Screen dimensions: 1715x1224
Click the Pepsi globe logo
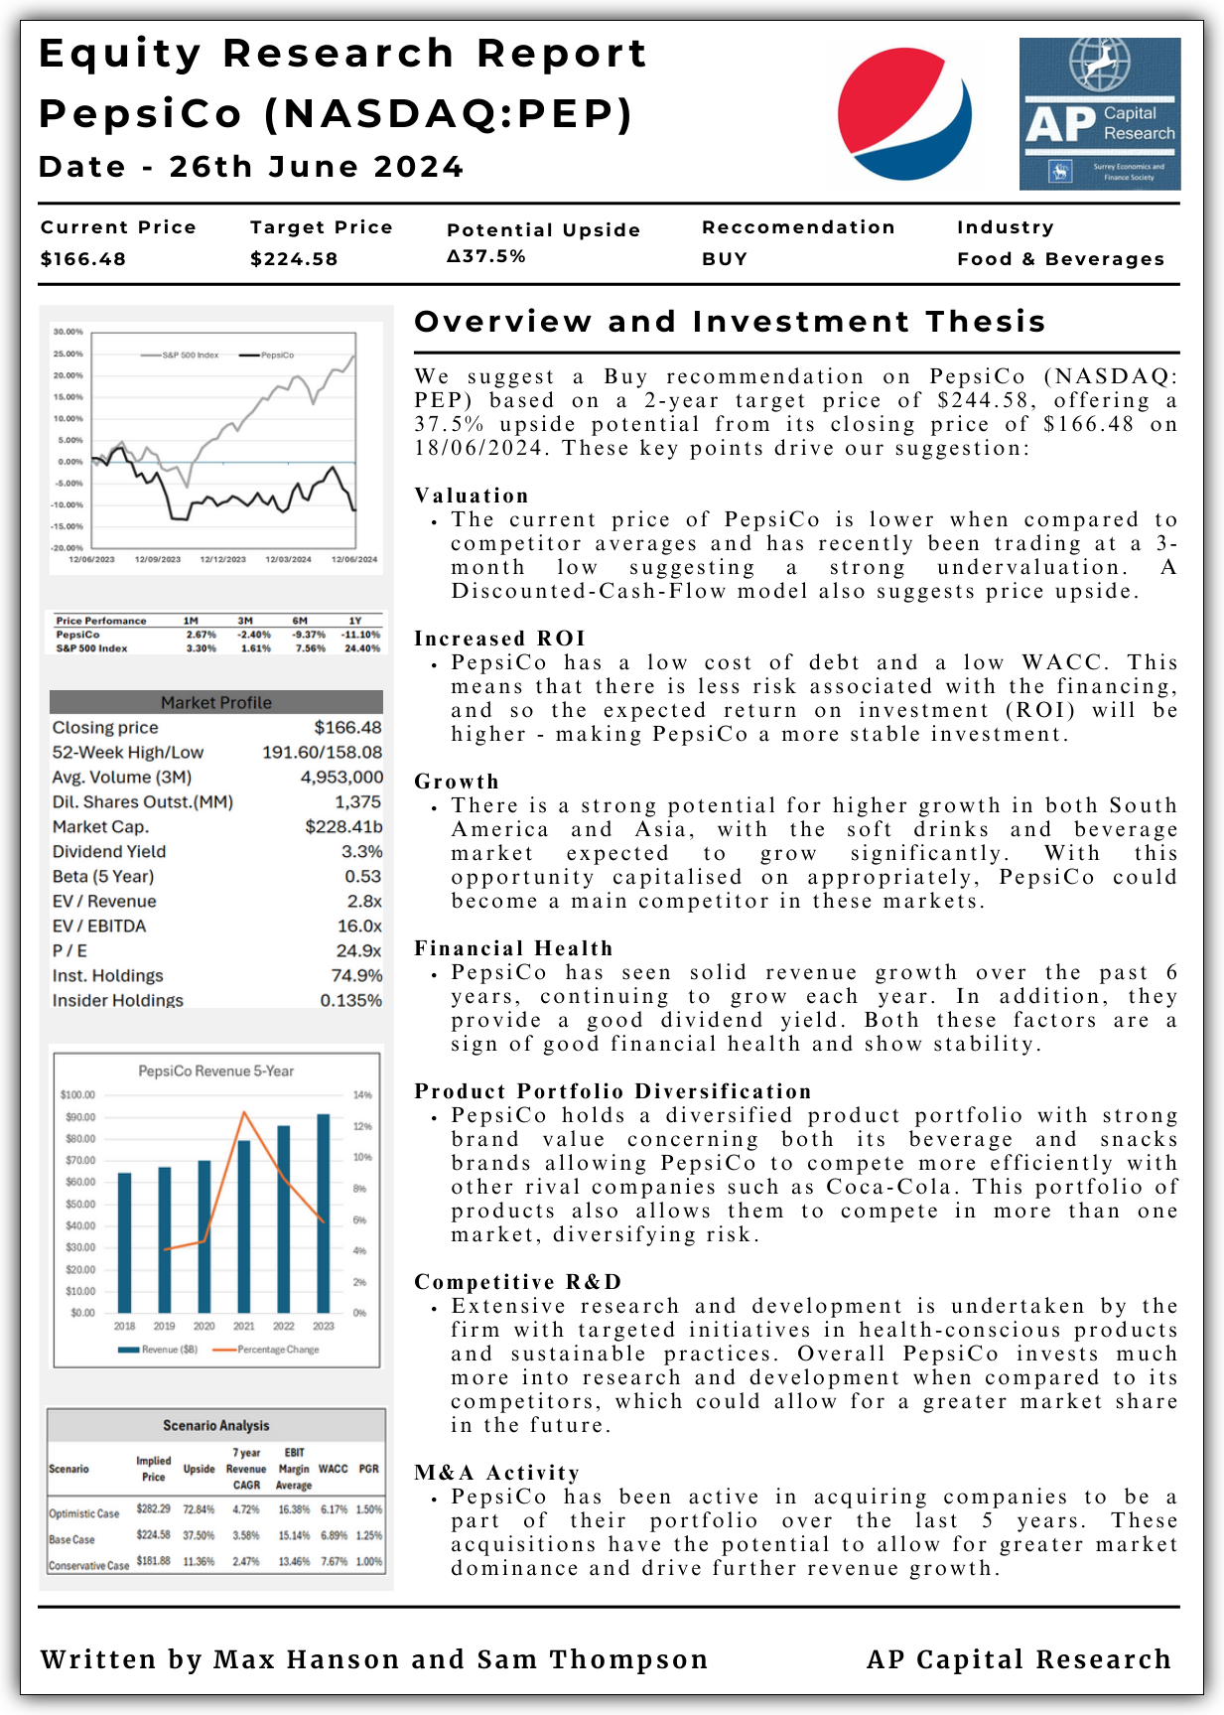point(904,113)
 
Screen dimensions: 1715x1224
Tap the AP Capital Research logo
point(1099,113)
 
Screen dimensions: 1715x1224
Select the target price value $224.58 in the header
point(294,259)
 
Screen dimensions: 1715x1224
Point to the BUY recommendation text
point(725,259)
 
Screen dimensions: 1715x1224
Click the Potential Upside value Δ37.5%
point(486,256)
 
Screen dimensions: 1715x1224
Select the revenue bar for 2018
point(124,1242)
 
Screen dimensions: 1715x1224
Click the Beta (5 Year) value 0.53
point(363,876)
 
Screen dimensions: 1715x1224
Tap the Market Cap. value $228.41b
point(343,826)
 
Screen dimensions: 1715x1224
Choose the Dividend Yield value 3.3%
point(362,851)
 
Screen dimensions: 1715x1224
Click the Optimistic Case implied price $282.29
point(154,1509)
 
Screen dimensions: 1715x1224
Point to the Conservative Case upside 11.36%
point(199,1561)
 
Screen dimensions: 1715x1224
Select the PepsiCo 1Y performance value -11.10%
point(360,635)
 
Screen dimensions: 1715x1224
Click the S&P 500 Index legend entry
point(190,355)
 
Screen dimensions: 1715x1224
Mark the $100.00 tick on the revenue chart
point(77,1095)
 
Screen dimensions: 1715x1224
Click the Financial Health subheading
point(513,948)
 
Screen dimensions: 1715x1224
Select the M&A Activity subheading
point(496,1473)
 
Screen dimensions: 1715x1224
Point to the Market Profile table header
point(215,702)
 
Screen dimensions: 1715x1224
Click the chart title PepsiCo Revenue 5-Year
point(215,1071)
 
